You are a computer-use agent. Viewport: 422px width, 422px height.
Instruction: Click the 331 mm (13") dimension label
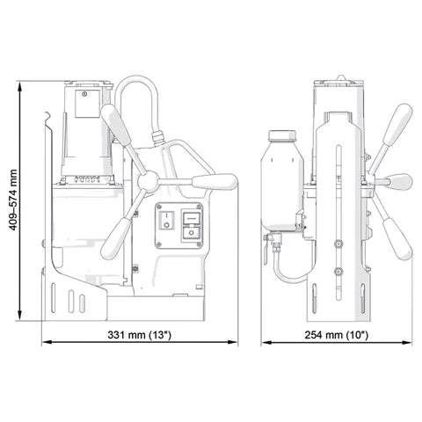(x=139, y=335)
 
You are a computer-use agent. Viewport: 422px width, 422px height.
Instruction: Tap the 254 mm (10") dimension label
(x=337, y=335)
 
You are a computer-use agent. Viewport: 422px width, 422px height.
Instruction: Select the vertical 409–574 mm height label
(x=13, y=200)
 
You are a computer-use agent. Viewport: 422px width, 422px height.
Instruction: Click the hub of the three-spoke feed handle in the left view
(x=148, y=182)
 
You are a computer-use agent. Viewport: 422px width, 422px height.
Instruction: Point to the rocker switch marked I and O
(x=166, y=220)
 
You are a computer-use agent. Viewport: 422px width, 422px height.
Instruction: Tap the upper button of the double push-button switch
(x=192, y=217)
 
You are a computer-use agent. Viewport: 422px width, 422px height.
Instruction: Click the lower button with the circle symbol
(x=192, y=233)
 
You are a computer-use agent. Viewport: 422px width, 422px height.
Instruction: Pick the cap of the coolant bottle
(x=282, y=135)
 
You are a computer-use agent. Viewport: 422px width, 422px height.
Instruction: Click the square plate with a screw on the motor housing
(x=87, y=104)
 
